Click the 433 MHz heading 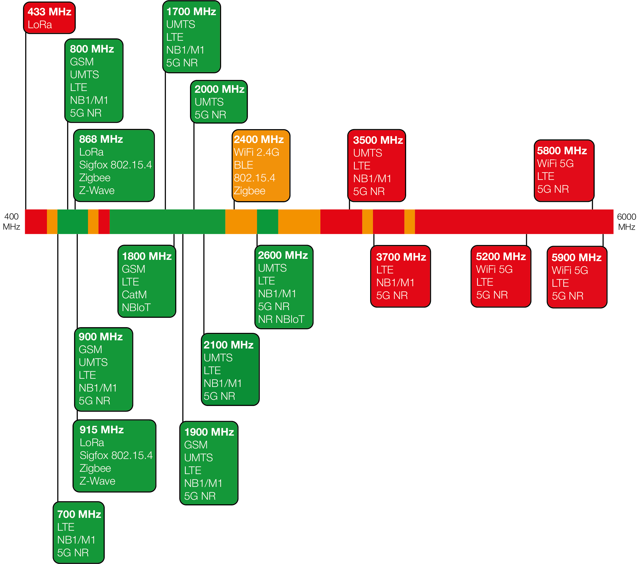pos(50,12)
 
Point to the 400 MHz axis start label pos(11,221)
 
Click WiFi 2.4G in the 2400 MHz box pos(257,152)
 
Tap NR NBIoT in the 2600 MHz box pos(281,319)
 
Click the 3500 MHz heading pos(378,140)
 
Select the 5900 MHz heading pos(576,258)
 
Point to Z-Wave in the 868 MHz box pos(97,190)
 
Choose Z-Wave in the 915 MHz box pos(97,481)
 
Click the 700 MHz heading pos(79,514)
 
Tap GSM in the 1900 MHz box pos(196,445)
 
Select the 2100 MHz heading pos(229,345)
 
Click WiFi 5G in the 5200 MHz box pos(494,269)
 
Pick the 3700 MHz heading pos(401,257)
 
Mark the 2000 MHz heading pos(220,89)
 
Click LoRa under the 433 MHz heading pos(40,25)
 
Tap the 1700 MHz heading pos(191,12)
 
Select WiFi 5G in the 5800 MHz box pos(555,163)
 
